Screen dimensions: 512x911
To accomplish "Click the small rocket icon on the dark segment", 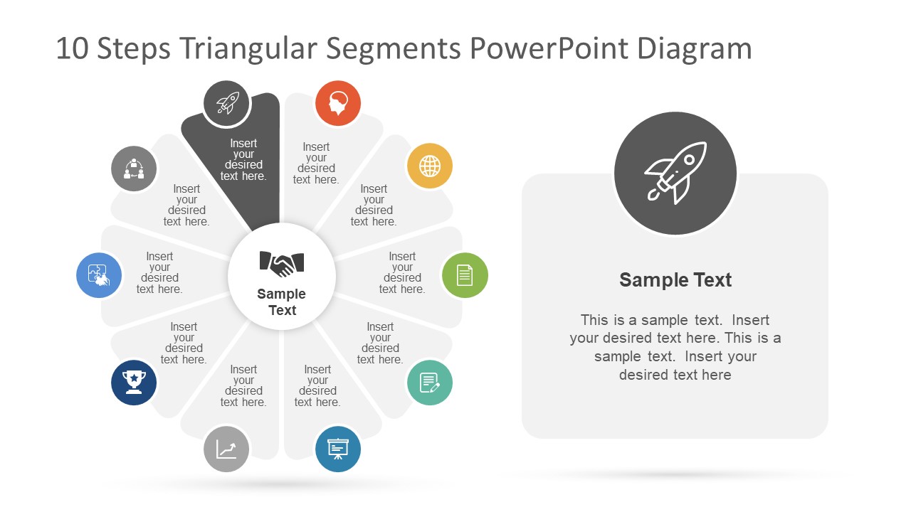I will click(x=227, y=104).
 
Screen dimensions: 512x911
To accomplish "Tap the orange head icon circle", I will click(x=338, y=104).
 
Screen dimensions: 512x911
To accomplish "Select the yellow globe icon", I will click(x=430, y=166).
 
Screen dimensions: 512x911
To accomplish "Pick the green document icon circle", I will click(x=465, y=275).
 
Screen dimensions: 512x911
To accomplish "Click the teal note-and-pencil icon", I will click(x=430, y=383).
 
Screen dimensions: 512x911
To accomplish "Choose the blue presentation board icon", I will click(x=338, y=449).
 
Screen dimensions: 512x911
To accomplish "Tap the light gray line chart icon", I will click(x=227, y=449).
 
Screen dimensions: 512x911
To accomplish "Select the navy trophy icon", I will click(x=134, y=383).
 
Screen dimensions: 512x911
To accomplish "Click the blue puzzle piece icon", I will click(x=99, y=275).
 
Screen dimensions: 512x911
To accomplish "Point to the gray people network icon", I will click(x=134, y=169).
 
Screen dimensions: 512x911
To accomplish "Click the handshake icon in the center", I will click(x=282, y=264).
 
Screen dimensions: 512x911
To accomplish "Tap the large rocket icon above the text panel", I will click(x=675, y=173).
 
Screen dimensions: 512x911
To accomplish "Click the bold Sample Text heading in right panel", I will click(x=675, y=280).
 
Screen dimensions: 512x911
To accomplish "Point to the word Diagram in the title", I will click(x=694, y=49).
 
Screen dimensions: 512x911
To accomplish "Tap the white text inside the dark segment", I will click(x=243, y=160).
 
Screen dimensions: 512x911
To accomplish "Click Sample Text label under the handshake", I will click(x=282, y=302).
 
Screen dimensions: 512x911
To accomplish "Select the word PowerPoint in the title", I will click(x=549, y=49).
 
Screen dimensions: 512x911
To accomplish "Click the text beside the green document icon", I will click(x=402, y=273).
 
